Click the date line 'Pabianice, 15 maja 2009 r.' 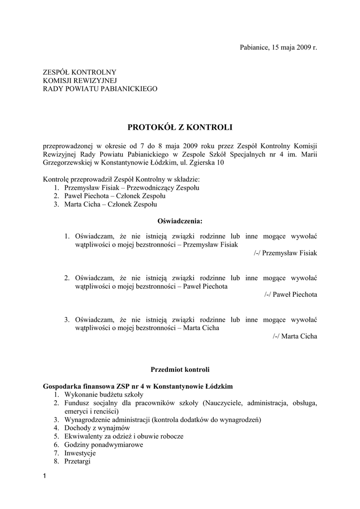click(x=278, y=47)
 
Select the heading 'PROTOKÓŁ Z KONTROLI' click(x=180, y=127)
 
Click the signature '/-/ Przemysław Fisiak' click(x=285, y=253)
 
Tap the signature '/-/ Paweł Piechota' click(x=290, y=294)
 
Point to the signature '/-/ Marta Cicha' click(x=294, y=336)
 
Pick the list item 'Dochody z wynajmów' click(x=97, y=427)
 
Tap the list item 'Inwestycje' click(x=80, y=453)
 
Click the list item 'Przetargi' click(x=78, y=461)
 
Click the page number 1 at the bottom click(x=45, y=478)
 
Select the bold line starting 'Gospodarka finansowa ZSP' click(x=138, y=386)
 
